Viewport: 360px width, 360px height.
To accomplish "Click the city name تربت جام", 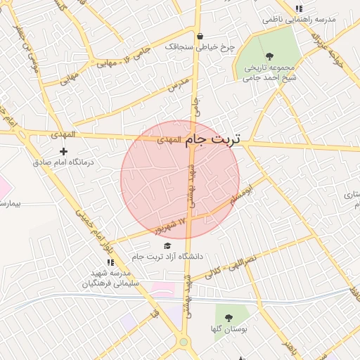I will click(x=214, y=140).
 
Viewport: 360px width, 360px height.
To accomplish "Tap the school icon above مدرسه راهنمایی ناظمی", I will click(x=299, y=8).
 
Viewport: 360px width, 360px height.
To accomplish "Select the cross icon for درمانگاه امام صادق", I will click(x=64, y=151).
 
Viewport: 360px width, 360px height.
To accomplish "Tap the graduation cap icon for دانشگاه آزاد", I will click(x=167, y=245).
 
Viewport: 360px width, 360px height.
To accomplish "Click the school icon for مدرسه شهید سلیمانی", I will click(x=110, y=262).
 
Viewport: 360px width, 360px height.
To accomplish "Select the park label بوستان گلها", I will click(x=226, y=328).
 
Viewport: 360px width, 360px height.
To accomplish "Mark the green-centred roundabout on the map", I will click(x=184, y=342).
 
